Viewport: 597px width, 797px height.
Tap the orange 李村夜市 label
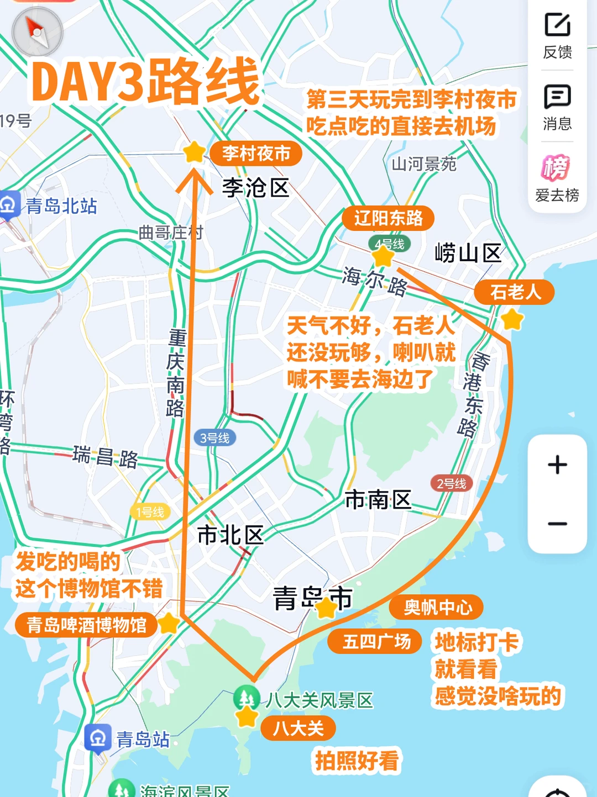coord(256,153)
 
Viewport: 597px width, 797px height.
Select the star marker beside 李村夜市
coord(194,152)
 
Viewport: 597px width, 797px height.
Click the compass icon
coord(37,32)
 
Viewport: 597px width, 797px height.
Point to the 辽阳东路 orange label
coord(388,218)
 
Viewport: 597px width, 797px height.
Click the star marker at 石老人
coord(512,319)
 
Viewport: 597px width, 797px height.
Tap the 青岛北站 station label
coord(61,206)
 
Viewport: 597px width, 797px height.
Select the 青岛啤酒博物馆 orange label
coord(87,625)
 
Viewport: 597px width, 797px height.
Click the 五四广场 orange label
coord(376,641)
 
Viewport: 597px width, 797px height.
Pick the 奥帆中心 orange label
coord(437,607)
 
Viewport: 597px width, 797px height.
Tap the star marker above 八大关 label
coord(247,716)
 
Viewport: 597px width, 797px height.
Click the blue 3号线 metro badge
coord(214,438)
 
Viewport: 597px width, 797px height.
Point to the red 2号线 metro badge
coord(451,484)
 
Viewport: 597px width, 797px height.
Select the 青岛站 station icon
coord(98,738)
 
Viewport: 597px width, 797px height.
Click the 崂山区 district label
coord(468,254)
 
